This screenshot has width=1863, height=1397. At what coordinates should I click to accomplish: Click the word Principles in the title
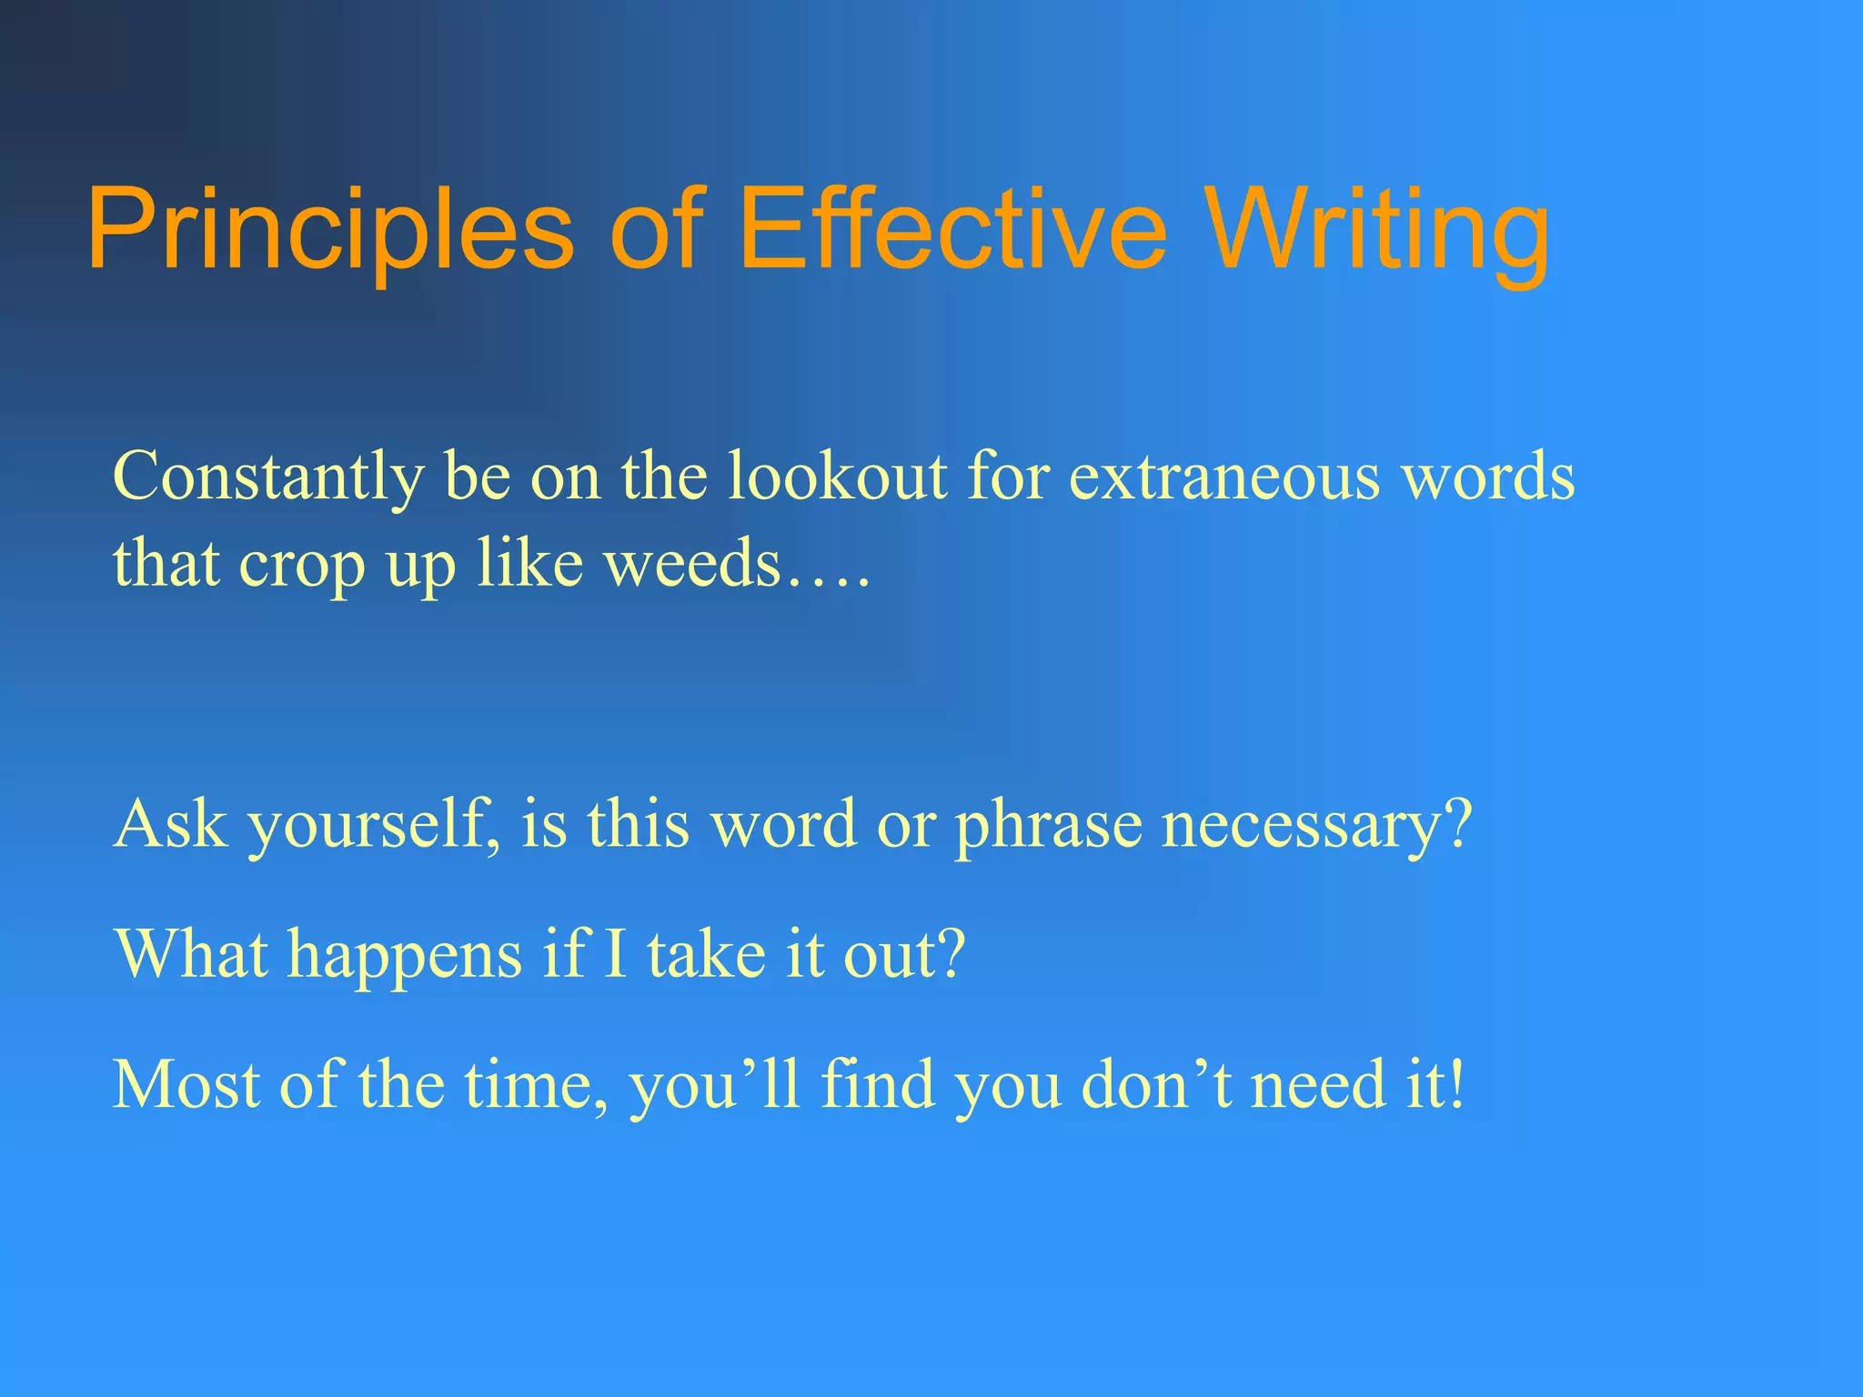[329, 229]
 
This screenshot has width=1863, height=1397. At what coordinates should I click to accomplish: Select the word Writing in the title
[1380, 229]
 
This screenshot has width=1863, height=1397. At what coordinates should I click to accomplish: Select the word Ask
[171, 824]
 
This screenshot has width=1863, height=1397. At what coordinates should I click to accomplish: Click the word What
[192, 954]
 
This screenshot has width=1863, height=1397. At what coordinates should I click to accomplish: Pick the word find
[878, 1084]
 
